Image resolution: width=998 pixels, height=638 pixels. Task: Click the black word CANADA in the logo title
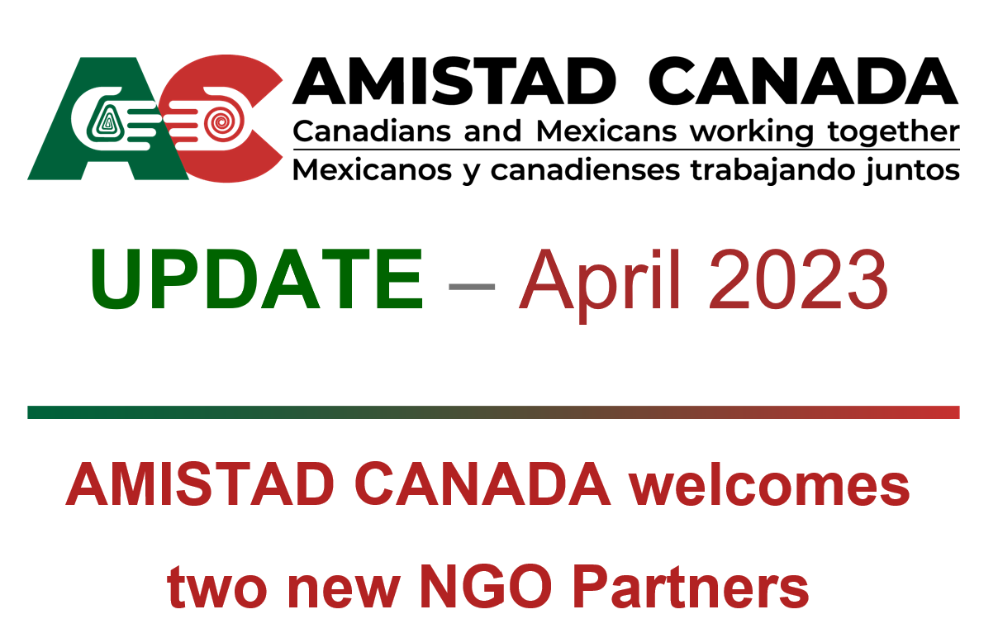(801, 82)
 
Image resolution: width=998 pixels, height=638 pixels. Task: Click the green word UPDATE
(256, 279)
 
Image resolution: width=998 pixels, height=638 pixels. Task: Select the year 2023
(798, 279)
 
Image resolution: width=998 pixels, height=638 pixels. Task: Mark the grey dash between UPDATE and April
(471, 283)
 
